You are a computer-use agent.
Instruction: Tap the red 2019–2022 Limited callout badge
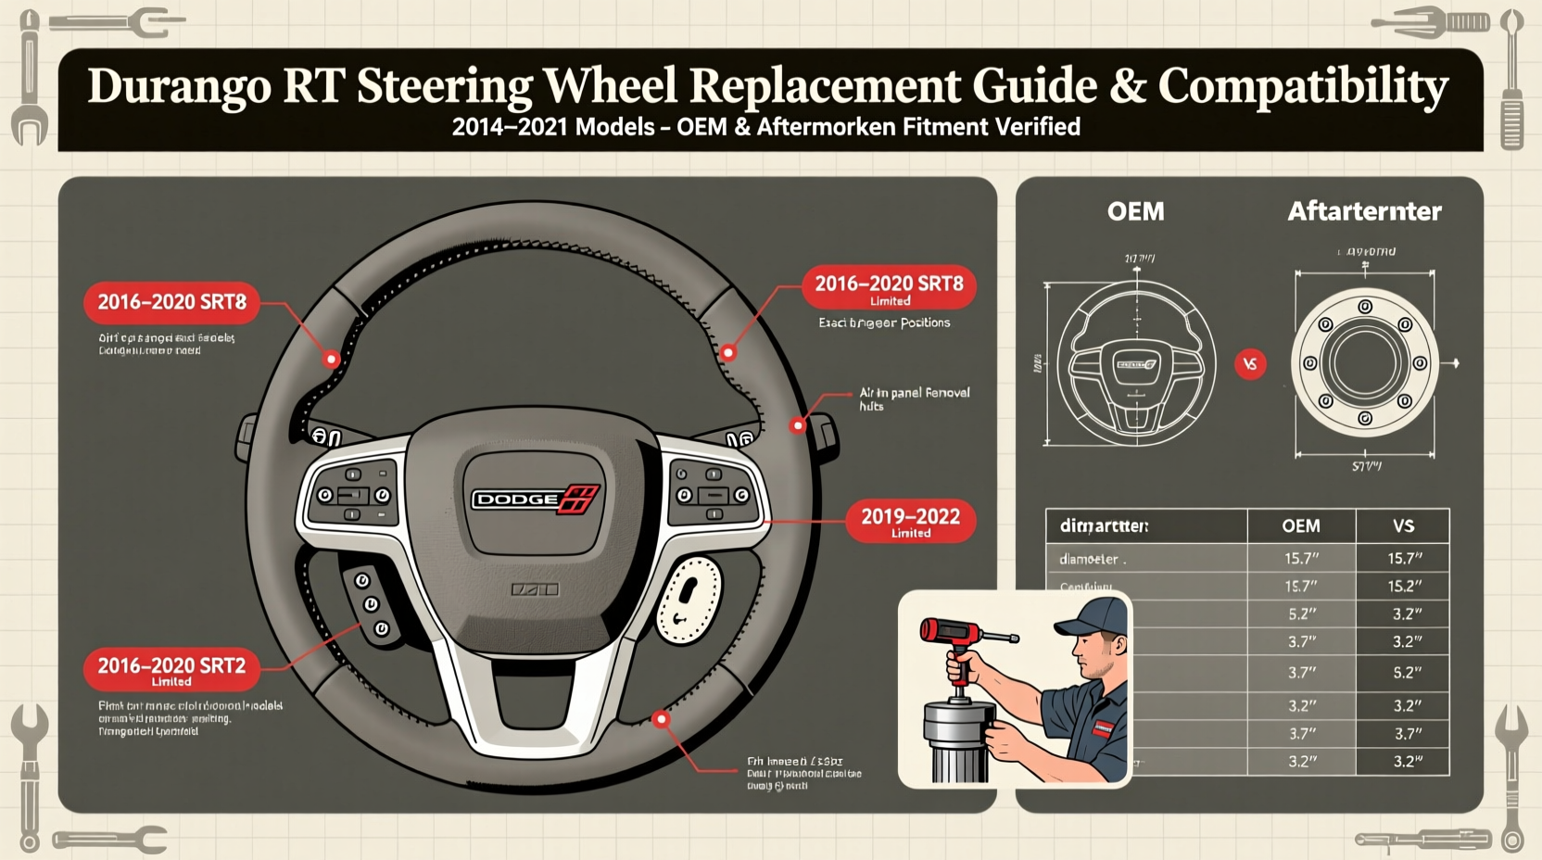pos(910,521)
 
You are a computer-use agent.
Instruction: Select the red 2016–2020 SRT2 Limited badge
pos(171,670)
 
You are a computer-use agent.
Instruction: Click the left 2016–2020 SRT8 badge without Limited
pos(171,302)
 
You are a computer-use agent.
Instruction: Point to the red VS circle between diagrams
pos(1250,364)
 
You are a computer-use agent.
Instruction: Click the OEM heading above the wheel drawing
pos(1135,211)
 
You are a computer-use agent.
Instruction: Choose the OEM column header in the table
pos(1300,526)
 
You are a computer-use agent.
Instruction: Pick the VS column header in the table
pos(1403,526)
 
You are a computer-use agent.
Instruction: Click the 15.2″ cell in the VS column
pos(1405,587)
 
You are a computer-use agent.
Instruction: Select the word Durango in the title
pos(178,86)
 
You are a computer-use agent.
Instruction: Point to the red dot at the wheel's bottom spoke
pos(661,719)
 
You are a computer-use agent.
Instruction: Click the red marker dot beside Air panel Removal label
pos(797,425)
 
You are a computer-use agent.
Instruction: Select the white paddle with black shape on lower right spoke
pos(689,600)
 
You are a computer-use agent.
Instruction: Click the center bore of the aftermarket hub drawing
pos(1364,363)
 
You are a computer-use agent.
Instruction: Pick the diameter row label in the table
pos(1092,560)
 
